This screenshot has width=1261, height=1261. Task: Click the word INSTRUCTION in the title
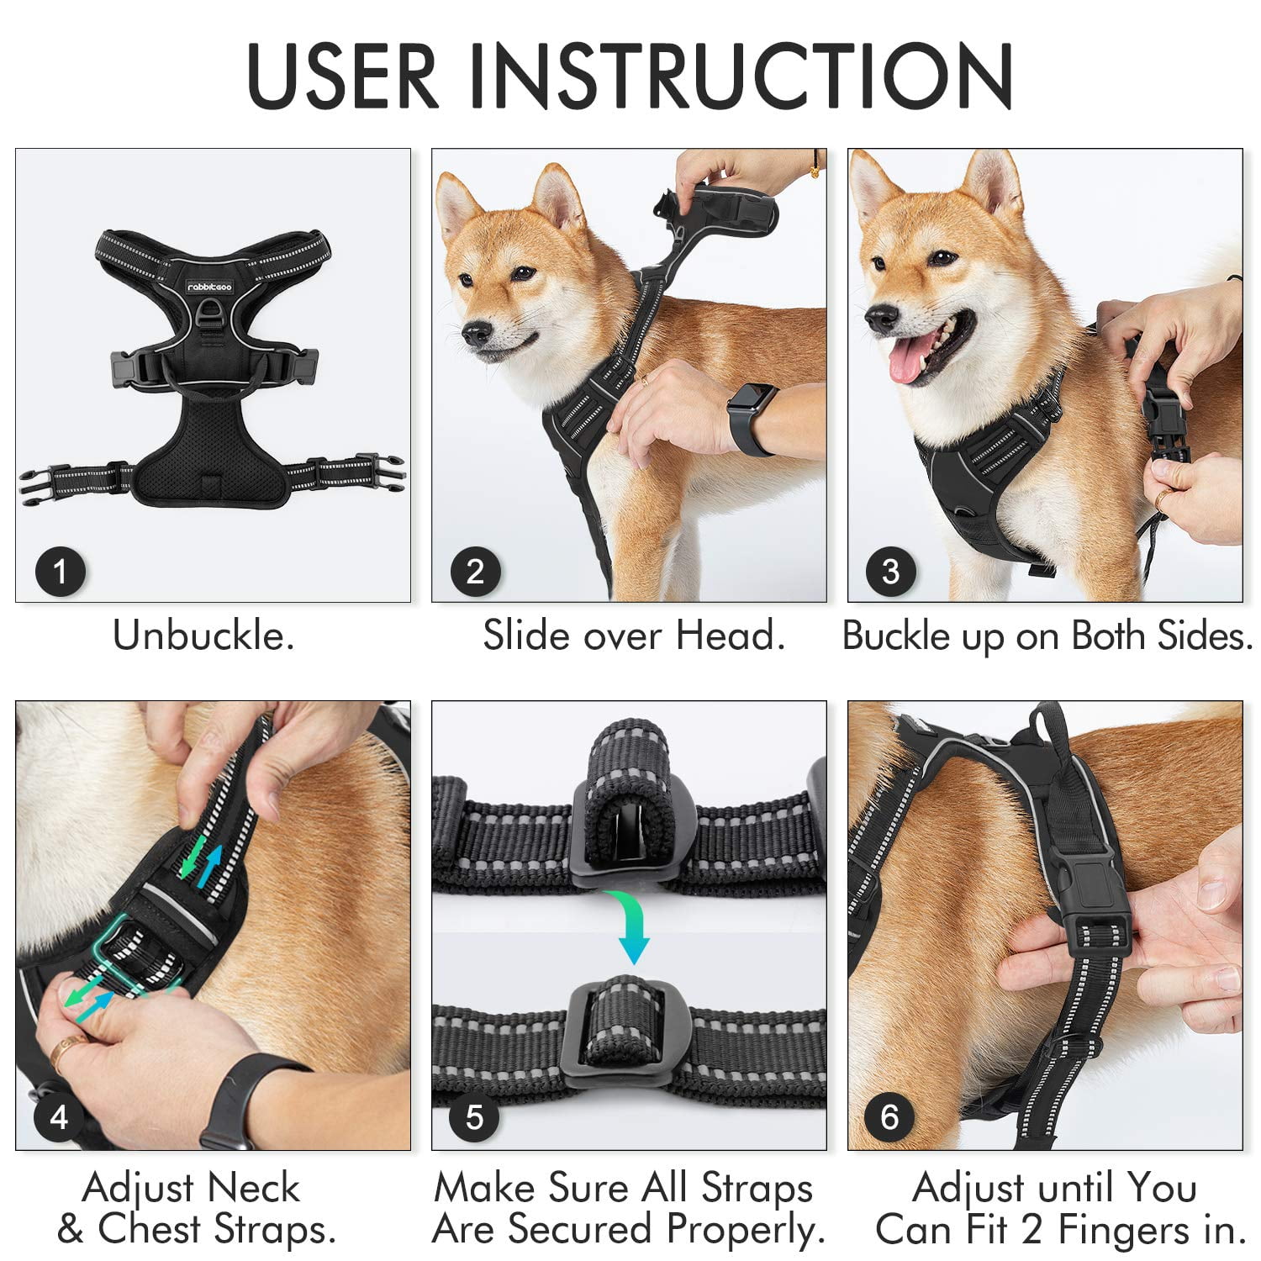[x=740, y=76]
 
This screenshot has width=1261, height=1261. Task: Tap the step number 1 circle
[x=60, y=572]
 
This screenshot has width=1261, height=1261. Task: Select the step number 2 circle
[x=475, y=572]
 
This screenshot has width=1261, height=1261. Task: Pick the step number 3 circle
[x=890, y=572]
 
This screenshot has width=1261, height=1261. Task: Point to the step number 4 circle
[x=59, y=1118]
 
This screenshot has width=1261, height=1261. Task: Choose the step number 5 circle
[x=475, y=1118]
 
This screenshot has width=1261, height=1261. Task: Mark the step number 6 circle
[x=889, y=1118]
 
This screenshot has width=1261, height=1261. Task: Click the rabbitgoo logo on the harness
[x=209, y=287]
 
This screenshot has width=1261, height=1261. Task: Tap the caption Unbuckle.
[x=203, y=636]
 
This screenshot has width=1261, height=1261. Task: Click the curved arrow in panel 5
[x=632, y=925]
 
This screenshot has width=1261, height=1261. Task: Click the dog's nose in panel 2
[x=477, y=335]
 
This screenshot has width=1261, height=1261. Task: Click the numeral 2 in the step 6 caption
[x=1033, y=1230]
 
